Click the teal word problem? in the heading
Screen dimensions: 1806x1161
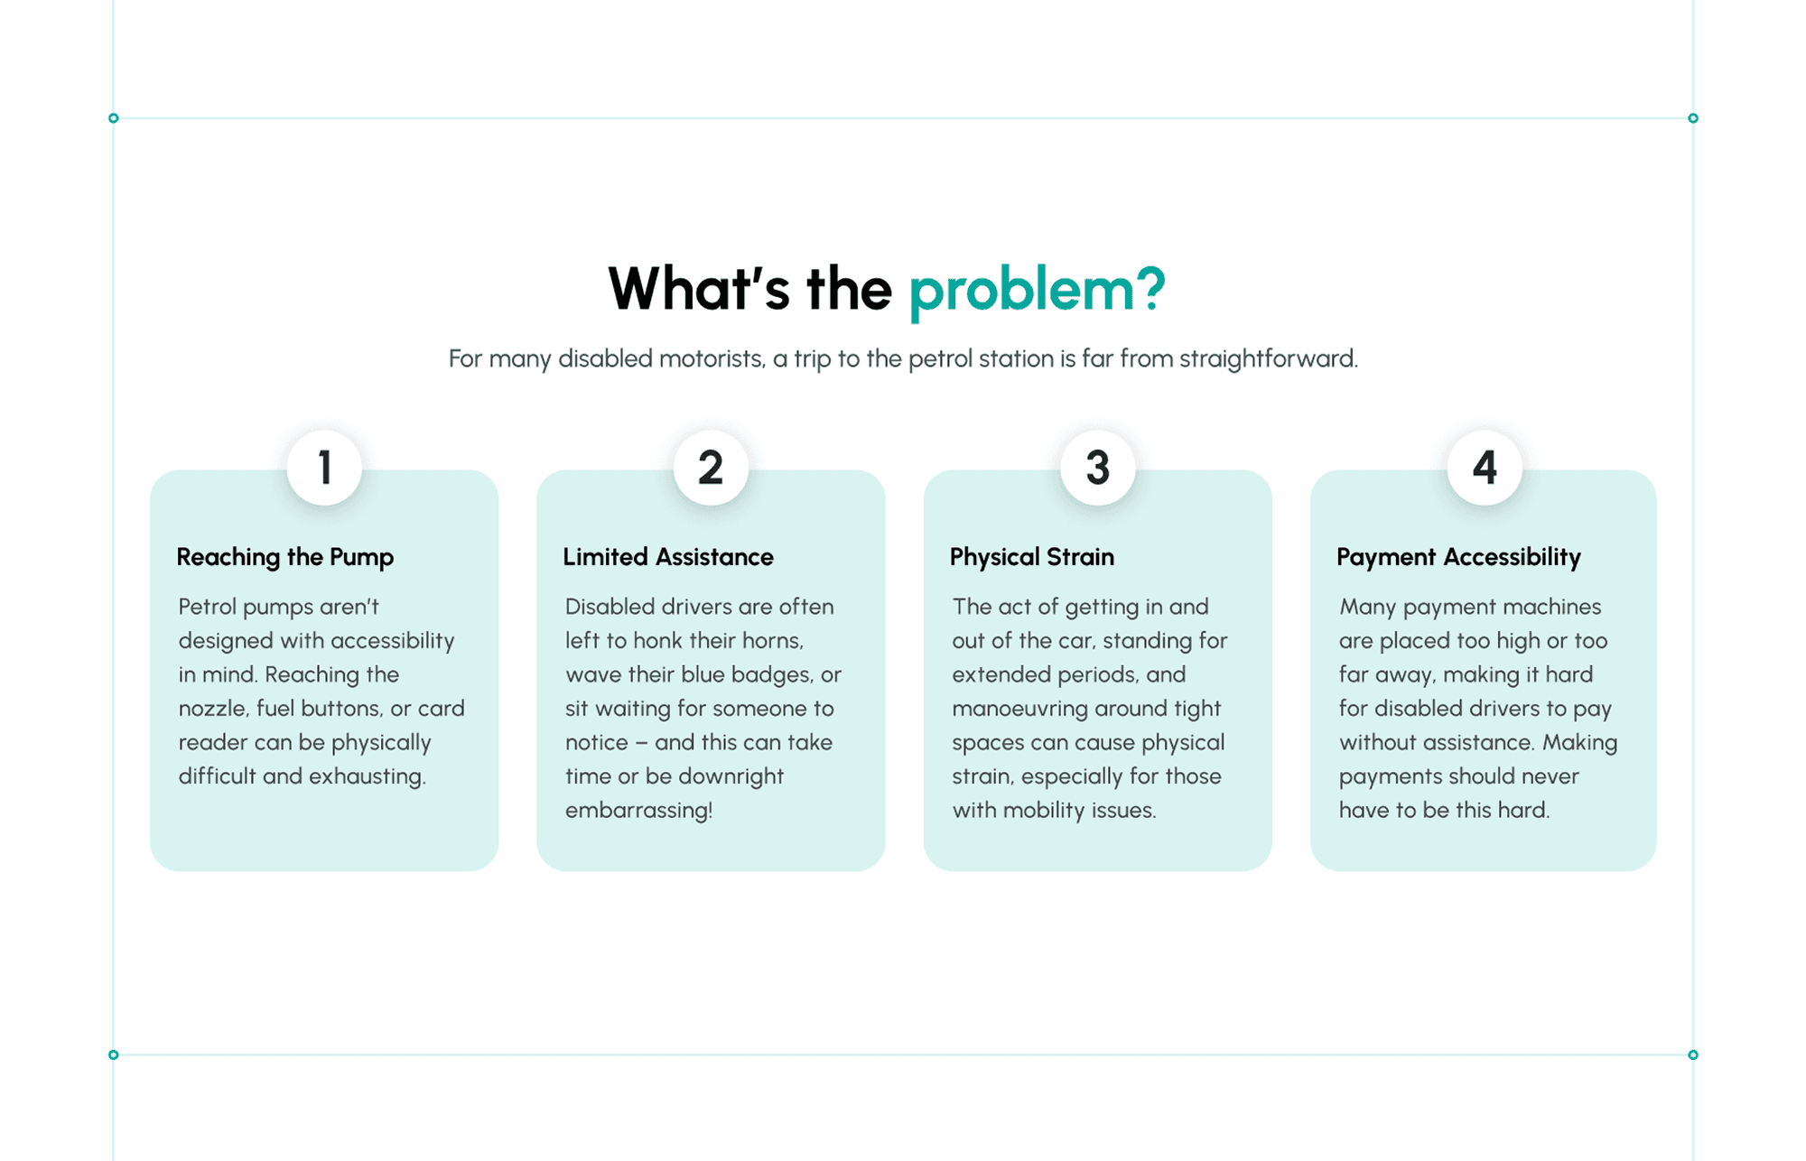pyautogui.click(x=1037, y=290)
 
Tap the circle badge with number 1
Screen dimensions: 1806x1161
pyautogui.click(x=324, y=468)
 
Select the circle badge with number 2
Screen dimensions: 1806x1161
pyautogui.click(x=711, y=468)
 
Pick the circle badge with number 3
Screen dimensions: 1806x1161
pyautogui.click(x=1097, y=468)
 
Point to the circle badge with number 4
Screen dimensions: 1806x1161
pyautogui.click(x=1485, y=468)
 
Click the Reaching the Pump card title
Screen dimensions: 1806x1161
pyautogui.click(x=285, y=557)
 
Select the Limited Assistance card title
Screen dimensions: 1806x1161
pyautogui.click(x=668, y=557)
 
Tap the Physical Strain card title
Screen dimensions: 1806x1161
pyautogui.click(x=1032, y=557)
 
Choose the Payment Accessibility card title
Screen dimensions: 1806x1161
pyautogui.click(x=1458, y=557)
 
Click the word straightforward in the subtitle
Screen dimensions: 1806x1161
pyautogui.click(x=1268, y=358)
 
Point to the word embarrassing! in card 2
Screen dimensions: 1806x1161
pyautogui.click(x=638, y=810)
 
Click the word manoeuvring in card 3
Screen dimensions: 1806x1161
pyautogui.click(x=1011, y=709)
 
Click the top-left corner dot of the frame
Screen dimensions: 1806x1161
pyautogui.click(x=113, y=118)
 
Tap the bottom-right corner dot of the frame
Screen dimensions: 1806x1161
pyautogui.click(x=1693, y=1054)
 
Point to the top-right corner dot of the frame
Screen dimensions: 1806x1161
pyautogui.click(x=1693, y=118)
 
